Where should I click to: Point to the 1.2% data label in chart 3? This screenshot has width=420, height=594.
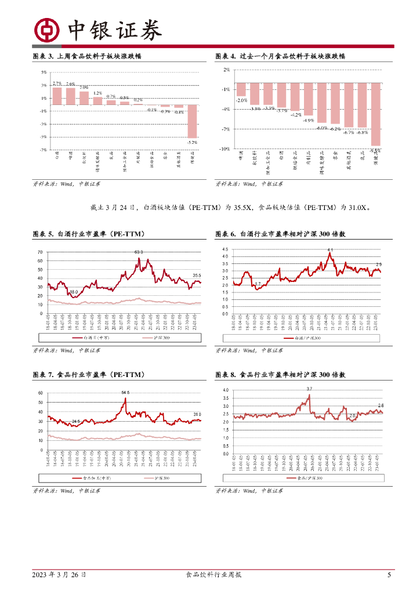coord(97,93)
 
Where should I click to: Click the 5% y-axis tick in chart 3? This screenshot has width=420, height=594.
coord(44,72)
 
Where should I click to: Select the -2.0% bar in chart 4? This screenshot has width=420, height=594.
coord(241,89)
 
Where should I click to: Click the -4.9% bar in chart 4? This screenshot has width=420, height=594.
coord(308,99)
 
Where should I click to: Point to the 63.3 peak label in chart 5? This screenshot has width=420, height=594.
coord(139,252)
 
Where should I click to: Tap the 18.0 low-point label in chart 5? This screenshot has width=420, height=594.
coord(74,292)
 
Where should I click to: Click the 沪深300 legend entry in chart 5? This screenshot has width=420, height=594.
coord(147,337)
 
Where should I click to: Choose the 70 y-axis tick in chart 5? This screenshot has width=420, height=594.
coord(40,252)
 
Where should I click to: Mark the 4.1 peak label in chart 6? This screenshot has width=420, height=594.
coord(330,249)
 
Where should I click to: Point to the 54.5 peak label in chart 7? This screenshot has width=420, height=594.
coord(125,393)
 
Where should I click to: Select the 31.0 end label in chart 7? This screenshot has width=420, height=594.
coord(197,414)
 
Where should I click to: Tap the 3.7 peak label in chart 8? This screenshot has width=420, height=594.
coord(309,388)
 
